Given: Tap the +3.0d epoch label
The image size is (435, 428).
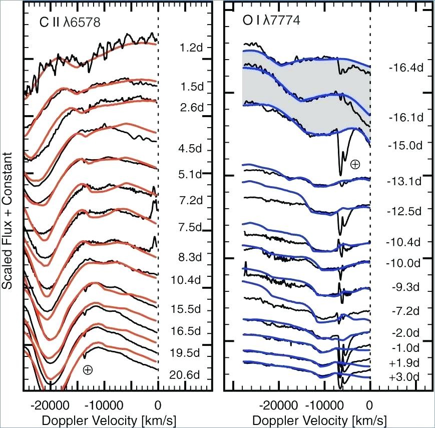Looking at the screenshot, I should coord(403,376).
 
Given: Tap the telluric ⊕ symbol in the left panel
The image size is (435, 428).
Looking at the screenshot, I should coord(88,370).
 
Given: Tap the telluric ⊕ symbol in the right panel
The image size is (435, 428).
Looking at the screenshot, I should coord(355,164).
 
